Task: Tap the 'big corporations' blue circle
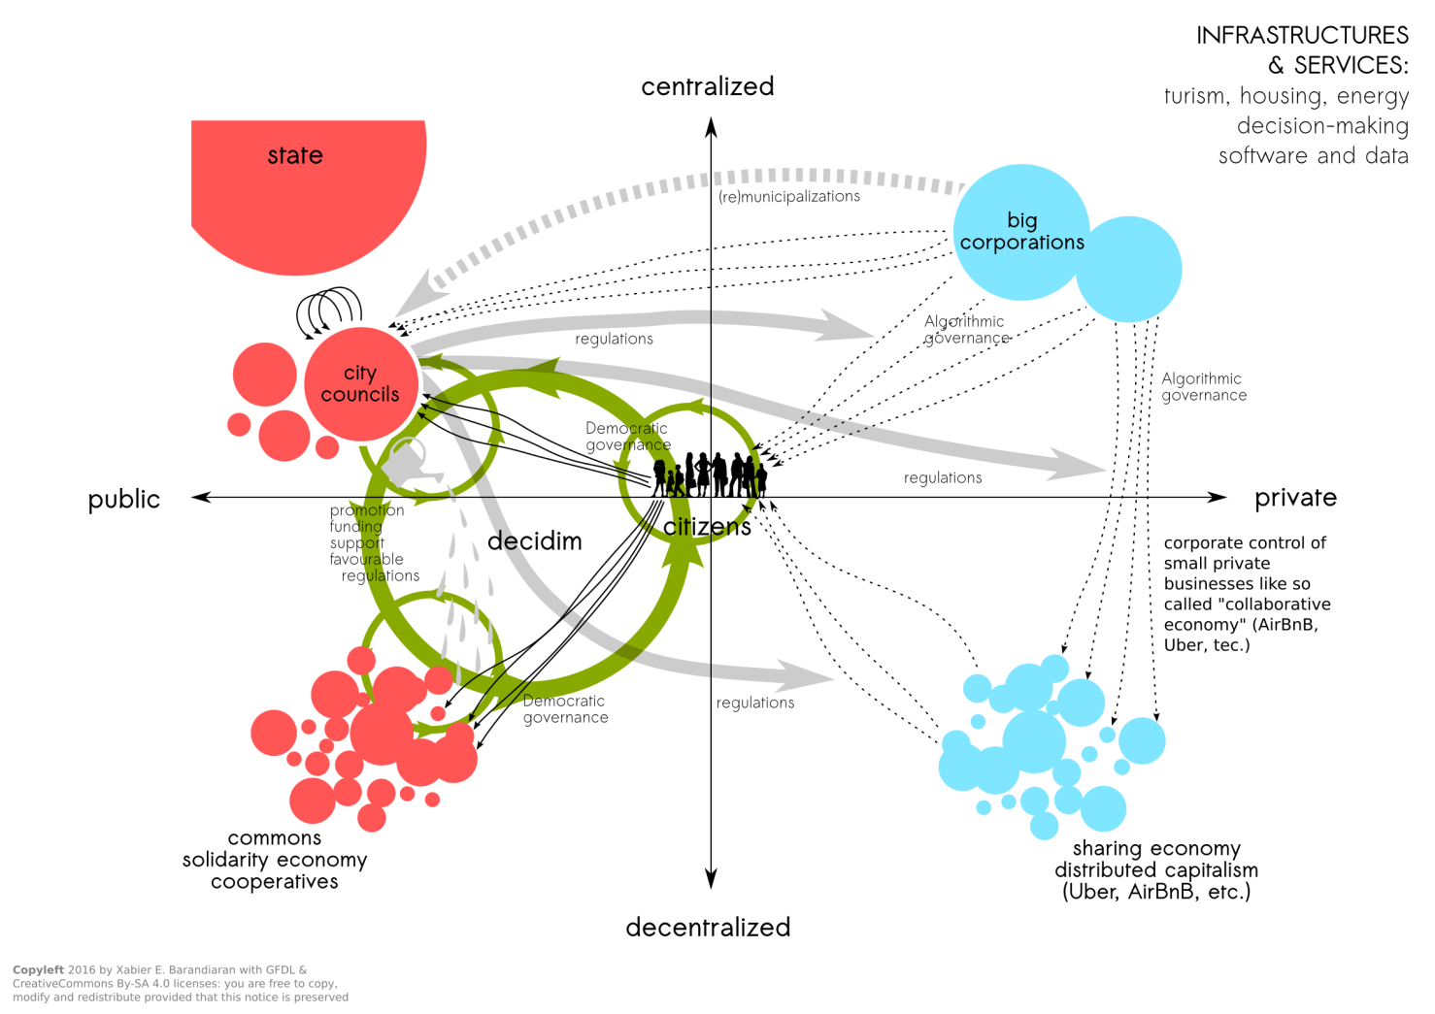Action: click(x=1021, y=232)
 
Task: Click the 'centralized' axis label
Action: click(x=708, y=86)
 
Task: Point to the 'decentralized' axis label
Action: click(x=708, y=928)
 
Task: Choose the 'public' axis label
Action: click(x=124, y=499)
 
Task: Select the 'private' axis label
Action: click(x=1295, y=498)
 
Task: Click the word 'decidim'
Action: click(x=535, y=541)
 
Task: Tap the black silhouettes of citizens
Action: click(x=710, y=474)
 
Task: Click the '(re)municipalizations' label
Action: click(x=789, y=196)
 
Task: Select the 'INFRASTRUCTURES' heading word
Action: click(x=1302, y=36)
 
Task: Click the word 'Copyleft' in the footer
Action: click(x=38, y=969)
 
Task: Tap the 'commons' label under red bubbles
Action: click(x=275, y=838)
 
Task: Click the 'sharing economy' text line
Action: click(x=1156, y=849)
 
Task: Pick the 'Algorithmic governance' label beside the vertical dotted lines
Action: click(x=1204, y=386)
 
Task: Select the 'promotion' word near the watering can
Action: click(x=367, y=510)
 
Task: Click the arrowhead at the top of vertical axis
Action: click(x=711, y=127)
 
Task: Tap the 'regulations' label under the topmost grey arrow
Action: click(x=614, y=339)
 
